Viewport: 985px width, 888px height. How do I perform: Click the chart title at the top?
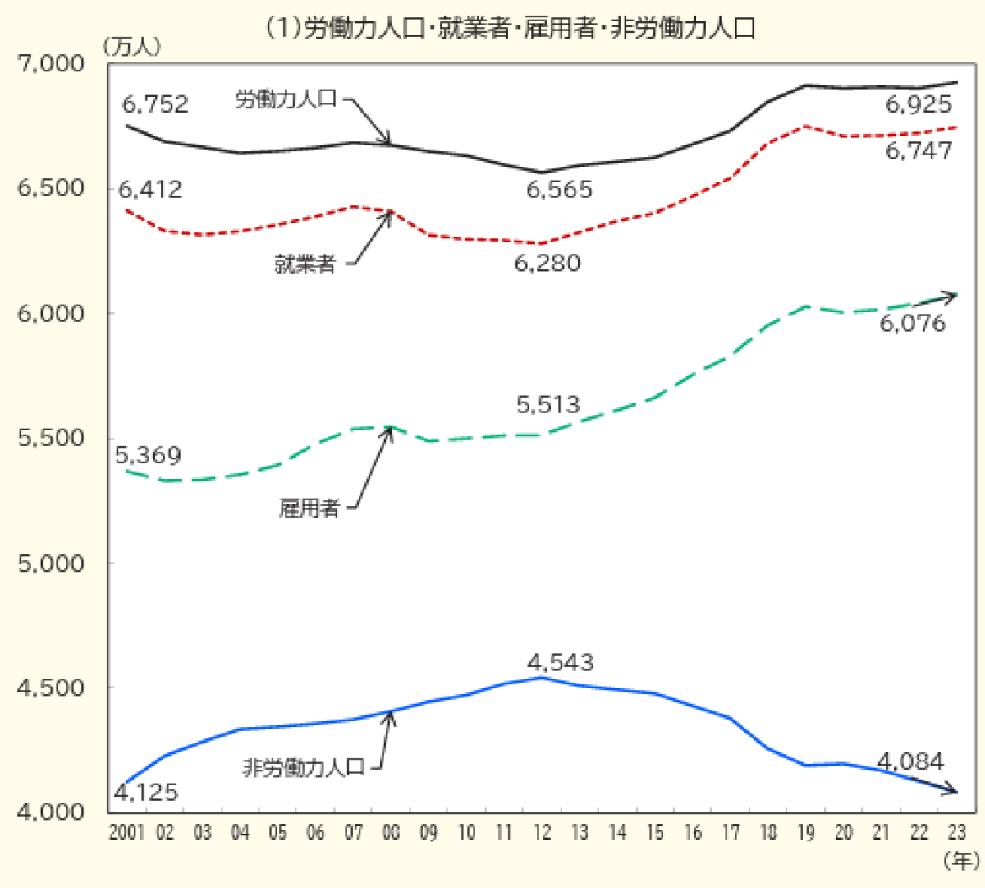tap(509, 28)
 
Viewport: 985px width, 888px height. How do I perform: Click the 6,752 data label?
tap(155, 104)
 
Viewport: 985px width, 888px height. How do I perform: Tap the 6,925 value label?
tap(919, 104)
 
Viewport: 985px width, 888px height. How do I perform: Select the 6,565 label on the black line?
tap(559, 190)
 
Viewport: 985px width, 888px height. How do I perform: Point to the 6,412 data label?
tap(150, 190)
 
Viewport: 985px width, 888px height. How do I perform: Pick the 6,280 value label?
tap(547, 264)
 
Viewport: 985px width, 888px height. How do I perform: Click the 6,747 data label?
tap(919, 150)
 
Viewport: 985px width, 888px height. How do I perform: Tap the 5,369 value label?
tap(148, 455)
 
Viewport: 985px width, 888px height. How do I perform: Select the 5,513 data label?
tap(547, 404)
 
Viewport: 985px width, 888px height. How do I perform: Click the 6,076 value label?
tap(913, 323)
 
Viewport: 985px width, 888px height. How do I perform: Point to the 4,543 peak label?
tap(561, 662)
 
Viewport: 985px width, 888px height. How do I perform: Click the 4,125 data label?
tap(145, 793)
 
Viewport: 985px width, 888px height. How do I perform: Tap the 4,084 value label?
tap(910, 761)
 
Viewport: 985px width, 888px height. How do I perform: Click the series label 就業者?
tap(305, 264)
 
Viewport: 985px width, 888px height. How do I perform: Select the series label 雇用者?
tap(309, 508)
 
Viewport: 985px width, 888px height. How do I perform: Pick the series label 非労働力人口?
tap(304, 768)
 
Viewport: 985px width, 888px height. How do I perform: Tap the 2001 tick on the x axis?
tap(126, 832)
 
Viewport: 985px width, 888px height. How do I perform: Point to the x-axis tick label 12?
tap(542, 832)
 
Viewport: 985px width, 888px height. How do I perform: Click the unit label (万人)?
tap(131, 47)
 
